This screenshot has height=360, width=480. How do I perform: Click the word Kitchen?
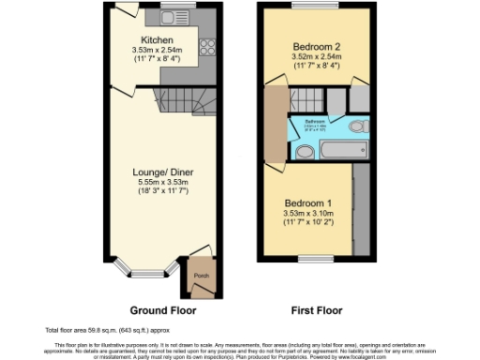point(157,40)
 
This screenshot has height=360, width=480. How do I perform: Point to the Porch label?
point(200,275)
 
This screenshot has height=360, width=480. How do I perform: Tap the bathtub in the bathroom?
point(323,150)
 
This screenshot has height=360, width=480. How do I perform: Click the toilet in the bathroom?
point(357,126)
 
